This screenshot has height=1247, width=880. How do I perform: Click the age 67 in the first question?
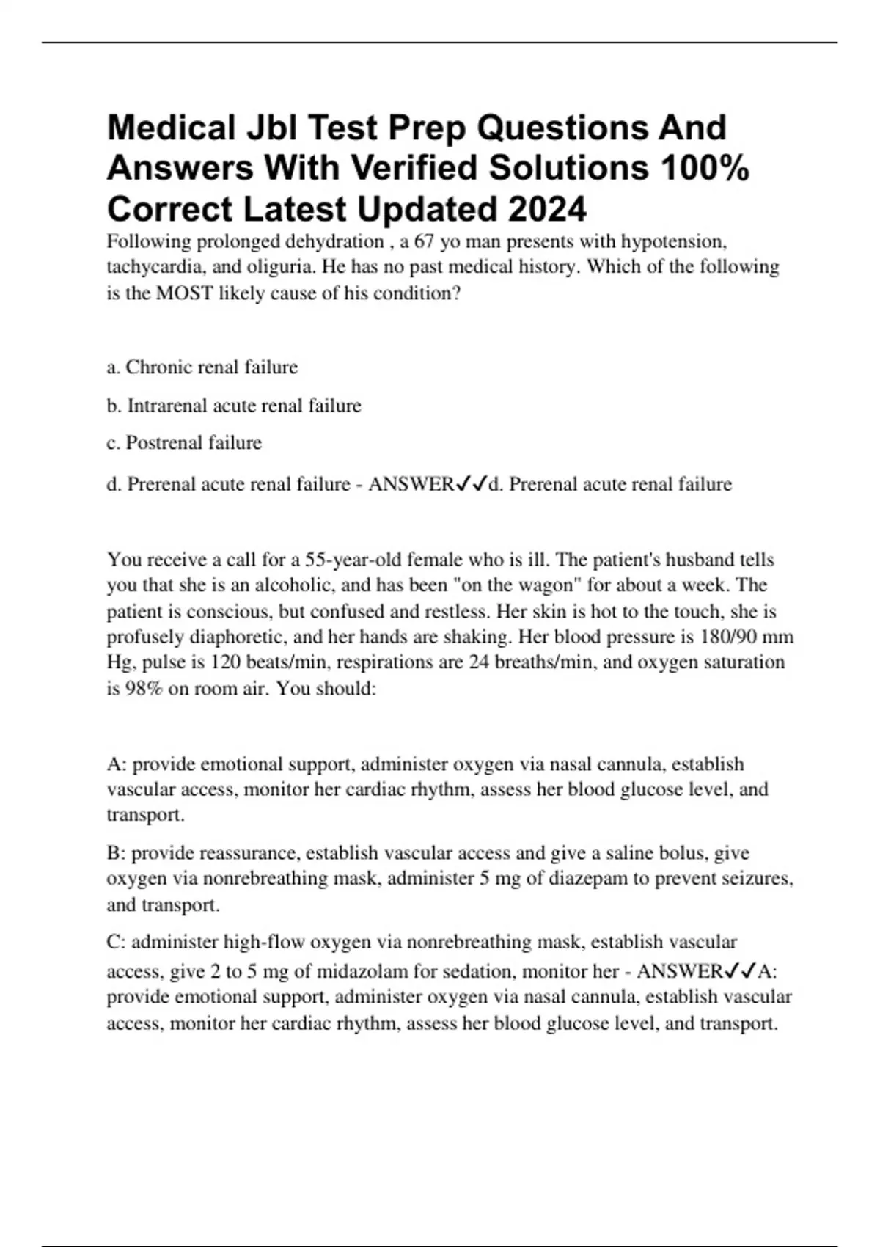425,241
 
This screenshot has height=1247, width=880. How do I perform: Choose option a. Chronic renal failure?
202,367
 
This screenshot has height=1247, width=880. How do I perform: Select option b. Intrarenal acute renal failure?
234,406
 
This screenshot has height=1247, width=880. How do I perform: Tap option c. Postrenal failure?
184,443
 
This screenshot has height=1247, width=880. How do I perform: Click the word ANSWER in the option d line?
411,484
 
